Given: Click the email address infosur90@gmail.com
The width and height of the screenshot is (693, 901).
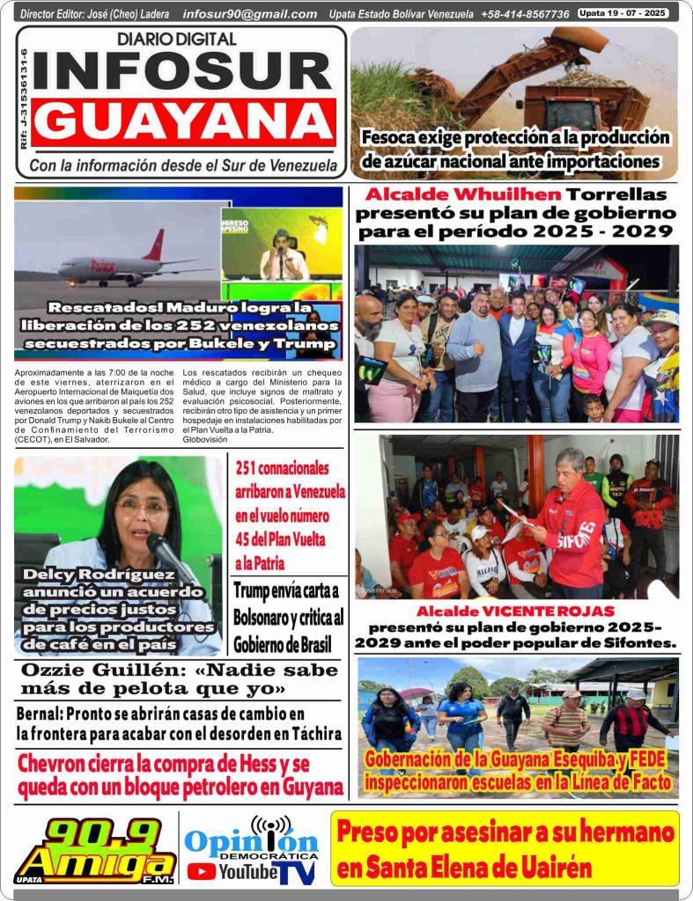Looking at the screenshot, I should (250, 14).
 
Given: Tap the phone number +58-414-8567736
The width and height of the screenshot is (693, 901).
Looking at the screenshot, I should (525, 14).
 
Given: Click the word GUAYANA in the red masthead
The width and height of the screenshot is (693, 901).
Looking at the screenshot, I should (185, 121).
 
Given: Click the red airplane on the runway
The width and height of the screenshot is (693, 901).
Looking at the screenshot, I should (132, 264).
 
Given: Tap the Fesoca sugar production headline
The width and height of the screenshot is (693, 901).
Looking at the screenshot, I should (515, 150).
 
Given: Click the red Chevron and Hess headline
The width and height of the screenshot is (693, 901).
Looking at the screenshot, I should (181, 774).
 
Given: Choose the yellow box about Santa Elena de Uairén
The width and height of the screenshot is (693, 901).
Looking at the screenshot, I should (505, 848).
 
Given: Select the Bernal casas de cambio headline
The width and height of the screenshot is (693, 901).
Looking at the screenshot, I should (179, 722).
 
